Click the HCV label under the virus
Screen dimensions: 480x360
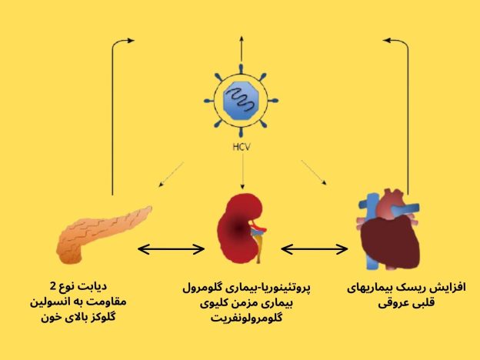242,147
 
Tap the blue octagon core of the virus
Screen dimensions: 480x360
242,101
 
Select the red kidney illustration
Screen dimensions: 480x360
242,228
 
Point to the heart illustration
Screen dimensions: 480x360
389,229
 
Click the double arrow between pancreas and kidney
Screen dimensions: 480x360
171,249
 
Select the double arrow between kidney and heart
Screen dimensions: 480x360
315,249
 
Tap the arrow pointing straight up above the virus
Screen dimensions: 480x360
242,48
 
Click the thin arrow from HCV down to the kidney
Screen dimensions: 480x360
243,171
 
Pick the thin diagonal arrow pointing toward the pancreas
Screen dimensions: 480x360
171,175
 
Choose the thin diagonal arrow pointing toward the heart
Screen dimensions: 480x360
314,172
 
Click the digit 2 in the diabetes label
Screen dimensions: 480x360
53,286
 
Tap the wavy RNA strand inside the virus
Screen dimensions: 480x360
242,100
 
